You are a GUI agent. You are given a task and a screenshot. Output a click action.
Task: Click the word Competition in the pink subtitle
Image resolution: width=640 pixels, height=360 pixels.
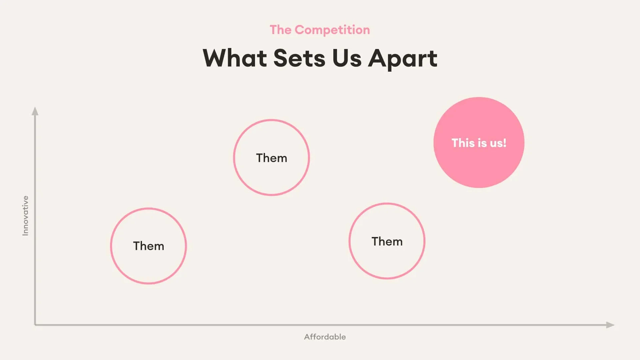(332, 30)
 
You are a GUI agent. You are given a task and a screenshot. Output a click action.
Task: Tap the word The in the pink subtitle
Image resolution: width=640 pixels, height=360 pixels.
(281, 30)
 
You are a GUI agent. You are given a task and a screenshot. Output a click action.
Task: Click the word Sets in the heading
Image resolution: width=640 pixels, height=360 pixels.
(299, 58)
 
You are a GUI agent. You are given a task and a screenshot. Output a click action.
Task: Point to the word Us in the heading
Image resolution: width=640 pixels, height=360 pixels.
(347, 58)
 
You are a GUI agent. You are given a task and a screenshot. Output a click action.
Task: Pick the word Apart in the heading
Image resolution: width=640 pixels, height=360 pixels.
(403, 59)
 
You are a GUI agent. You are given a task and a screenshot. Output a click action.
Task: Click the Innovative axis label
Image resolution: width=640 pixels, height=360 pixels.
(25, 216)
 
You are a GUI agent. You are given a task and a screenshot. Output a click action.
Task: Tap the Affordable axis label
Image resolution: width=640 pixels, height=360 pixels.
(325, 337)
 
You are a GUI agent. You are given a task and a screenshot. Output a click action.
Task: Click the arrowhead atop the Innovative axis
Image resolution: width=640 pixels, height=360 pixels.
(35, 111)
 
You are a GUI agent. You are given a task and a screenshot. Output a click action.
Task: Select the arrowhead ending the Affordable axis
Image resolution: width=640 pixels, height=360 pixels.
(610, 325)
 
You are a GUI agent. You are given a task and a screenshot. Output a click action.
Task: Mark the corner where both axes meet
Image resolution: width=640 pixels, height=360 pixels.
(35, 325)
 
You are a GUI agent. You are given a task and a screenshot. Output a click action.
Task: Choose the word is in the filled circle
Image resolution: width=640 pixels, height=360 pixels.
(480, 143)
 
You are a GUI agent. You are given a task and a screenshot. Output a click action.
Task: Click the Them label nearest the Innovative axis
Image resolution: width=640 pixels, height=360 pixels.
(149, 246)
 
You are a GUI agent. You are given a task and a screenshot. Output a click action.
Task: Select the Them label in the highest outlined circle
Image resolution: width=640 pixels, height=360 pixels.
(272, 158)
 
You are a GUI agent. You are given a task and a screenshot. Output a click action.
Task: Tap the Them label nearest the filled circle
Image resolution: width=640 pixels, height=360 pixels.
(387, 241)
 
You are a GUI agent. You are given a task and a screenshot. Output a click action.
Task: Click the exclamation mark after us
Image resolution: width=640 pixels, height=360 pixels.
(505, 143)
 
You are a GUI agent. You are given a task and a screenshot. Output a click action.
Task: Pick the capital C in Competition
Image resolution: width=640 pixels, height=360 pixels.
(300, 30)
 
